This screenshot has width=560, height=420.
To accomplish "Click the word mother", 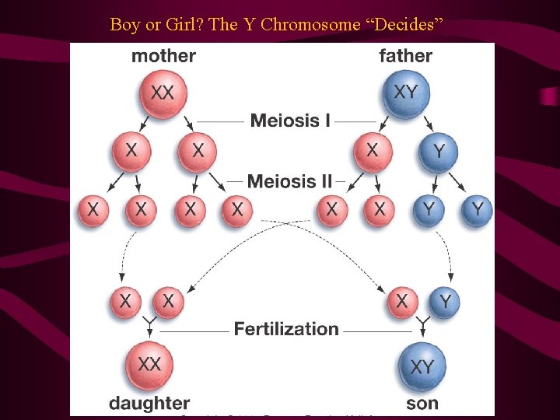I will pos(163,56).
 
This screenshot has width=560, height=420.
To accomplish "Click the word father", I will pos(405,56).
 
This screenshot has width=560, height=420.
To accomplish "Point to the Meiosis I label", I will pos(290,121).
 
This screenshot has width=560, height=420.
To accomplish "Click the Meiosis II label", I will pos(289,182).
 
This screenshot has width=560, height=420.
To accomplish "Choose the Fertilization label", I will pos(286,329).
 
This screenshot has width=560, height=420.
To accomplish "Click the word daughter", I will pos(149,403).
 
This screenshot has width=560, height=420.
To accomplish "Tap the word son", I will pos(422,403).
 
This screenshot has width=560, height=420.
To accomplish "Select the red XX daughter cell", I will pos(149,365).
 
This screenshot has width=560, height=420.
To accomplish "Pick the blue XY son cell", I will pos(422,365).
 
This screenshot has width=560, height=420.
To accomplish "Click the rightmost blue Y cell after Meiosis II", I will pos(477,210).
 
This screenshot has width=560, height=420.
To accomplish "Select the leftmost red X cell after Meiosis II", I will pos(93,210).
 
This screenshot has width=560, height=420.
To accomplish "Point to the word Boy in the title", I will pos(124,24).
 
